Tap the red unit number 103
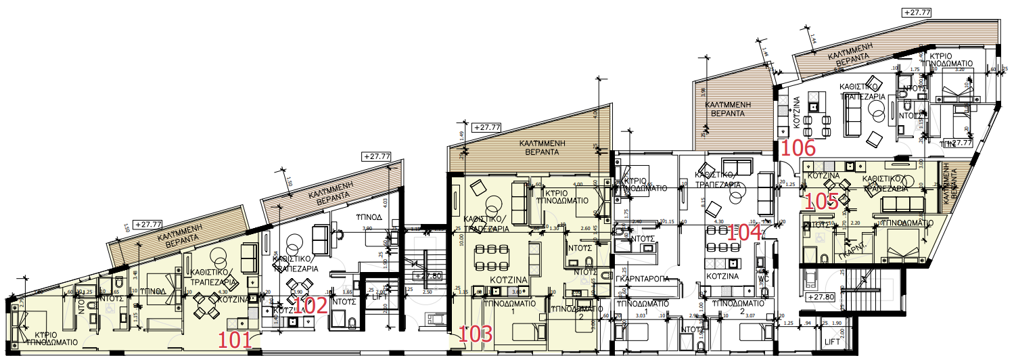coord(476,334)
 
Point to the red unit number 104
coord(744,233)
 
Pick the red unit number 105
coord(823,200)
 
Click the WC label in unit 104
coord(763,278)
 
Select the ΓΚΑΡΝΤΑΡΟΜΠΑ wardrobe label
coord(643,278)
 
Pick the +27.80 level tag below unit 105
coord(822,296)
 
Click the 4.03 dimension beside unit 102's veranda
coord(385,201)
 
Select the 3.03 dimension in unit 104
coord(640,315)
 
